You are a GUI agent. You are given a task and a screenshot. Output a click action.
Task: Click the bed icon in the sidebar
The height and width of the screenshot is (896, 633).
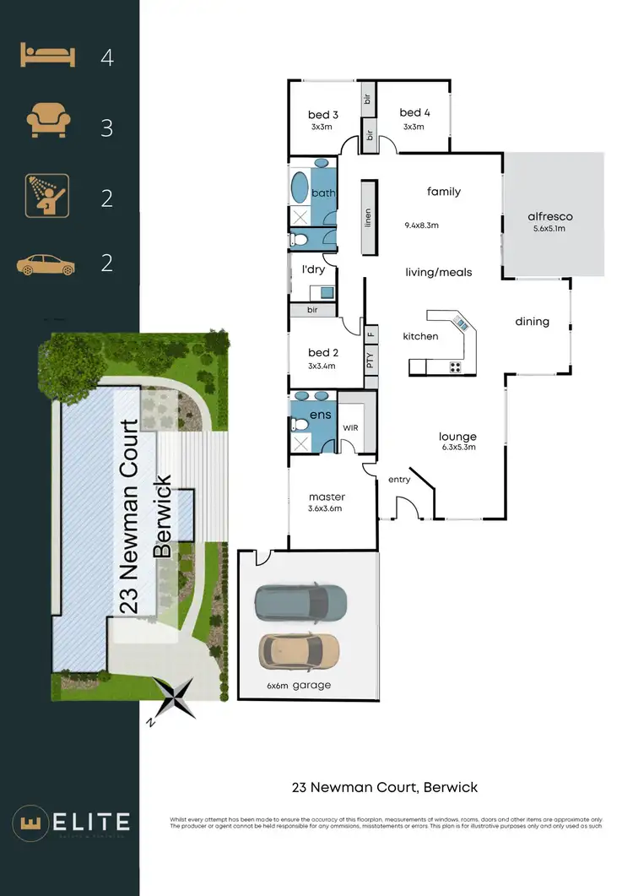pos(46,57)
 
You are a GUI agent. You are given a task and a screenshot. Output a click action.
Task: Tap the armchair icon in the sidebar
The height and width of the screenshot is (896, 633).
pos(46,122)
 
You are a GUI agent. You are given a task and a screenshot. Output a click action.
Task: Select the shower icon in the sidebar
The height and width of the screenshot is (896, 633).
pos(46,197)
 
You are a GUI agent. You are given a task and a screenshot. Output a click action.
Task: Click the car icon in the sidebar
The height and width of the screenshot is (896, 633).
pos(46,264)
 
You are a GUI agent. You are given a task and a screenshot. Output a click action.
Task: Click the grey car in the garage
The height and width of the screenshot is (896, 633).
pos(301,601)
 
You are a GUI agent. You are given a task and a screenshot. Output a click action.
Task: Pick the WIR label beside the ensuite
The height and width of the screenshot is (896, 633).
pos(351,428)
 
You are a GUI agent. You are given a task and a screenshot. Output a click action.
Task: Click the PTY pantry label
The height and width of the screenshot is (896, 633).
pos(370,358)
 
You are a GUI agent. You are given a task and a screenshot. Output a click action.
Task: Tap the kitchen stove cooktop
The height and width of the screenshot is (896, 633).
pos(455,367)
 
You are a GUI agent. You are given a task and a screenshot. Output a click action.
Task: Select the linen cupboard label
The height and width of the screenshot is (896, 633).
pos(368,219)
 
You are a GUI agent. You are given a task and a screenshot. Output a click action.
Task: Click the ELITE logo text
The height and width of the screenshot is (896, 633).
pos(88,822)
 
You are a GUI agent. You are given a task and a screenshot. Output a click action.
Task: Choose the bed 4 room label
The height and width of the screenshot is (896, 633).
pos(414,112)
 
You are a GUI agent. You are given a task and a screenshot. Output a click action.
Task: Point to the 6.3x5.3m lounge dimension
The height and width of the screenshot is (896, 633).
pos(457,448)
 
